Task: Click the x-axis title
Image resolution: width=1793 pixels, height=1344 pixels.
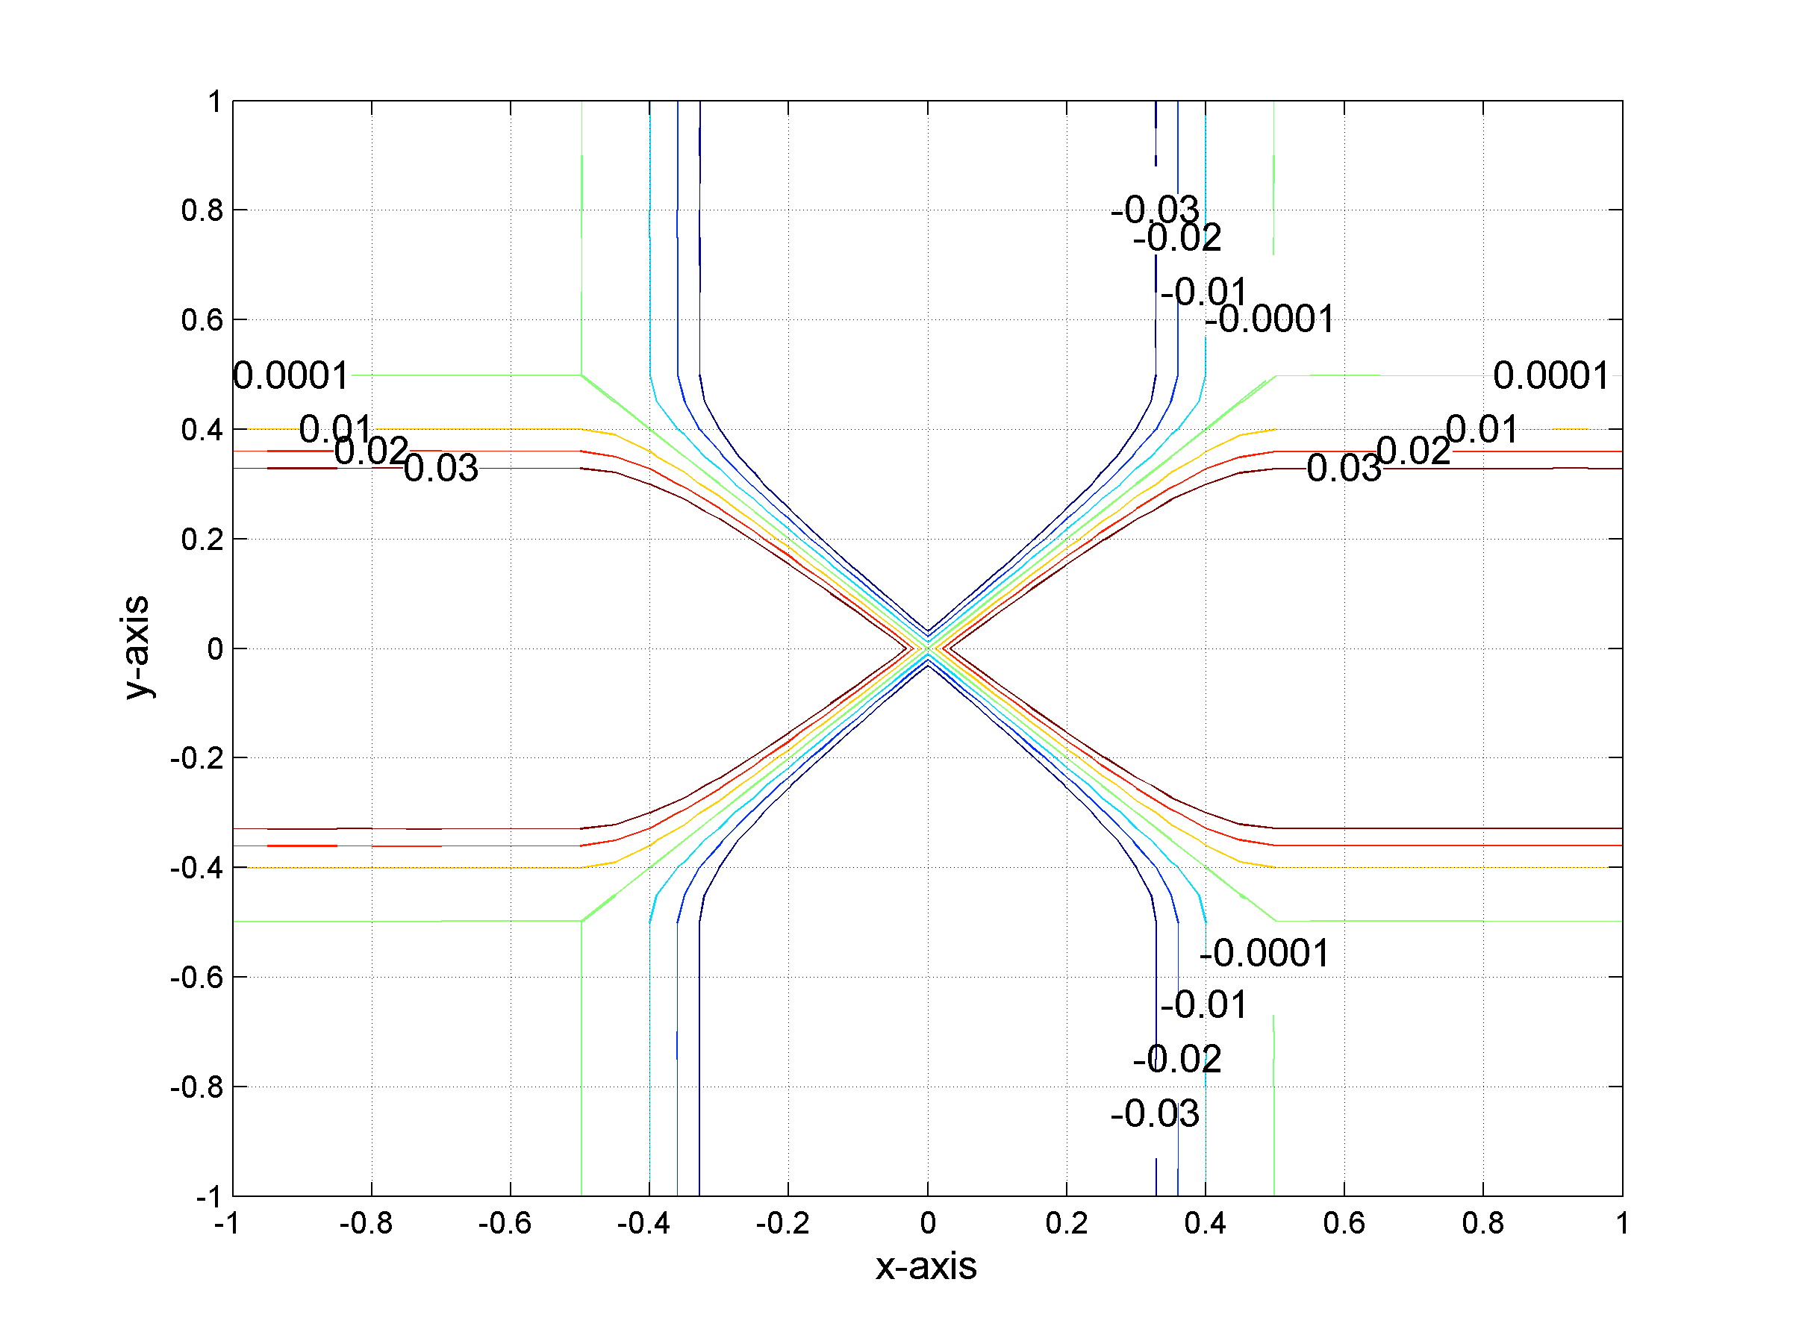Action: click(926, 1266)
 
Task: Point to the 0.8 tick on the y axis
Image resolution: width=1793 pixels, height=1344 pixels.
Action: click(202, 210)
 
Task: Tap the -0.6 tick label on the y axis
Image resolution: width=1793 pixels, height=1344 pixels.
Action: click(196, 978)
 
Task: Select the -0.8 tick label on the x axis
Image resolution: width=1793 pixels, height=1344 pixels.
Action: click(366, 1223)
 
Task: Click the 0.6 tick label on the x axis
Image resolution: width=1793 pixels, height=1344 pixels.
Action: click(1343, 1223)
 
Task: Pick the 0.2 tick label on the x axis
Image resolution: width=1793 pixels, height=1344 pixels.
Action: click(1066, 1223)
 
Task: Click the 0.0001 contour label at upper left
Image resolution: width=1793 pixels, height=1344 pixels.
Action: click(291, 376)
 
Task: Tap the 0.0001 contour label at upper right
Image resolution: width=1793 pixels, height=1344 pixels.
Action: click(1550, 376)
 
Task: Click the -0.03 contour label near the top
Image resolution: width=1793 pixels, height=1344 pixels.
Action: click(1154, 210)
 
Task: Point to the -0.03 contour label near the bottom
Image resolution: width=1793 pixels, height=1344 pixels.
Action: click(1154, 1114)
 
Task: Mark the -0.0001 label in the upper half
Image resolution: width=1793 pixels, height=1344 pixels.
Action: click(1270, 319)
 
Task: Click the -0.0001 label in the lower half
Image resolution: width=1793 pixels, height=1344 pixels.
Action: click(1265, 954)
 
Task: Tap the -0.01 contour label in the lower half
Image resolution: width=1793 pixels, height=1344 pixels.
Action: click(1204, 1005)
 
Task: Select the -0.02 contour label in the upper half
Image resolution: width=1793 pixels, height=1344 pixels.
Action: click(1177, 238)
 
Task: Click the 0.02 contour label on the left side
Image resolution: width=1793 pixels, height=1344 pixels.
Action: click(371, 451)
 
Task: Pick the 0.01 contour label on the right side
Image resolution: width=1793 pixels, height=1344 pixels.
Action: click(1482, 429)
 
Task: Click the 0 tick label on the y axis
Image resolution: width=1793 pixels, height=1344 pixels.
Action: click(215, 649)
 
